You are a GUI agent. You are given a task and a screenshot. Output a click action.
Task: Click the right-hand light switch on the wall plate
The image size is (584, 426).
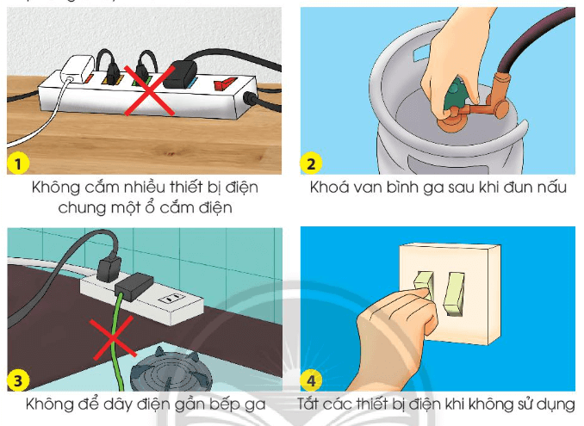pyautogui.click(x=454, y=292)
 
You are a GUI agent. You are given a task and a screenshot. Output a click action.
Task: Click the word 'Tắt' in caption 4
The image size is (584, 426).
pyautogui.click(x=310, y=404)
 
